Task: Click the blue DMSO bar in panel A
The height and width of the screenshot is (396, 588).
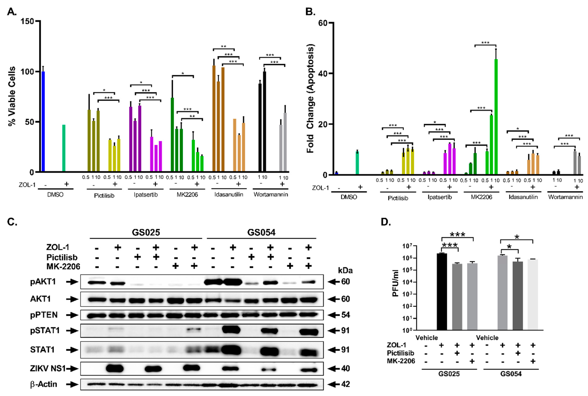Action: click(x=43, y=121)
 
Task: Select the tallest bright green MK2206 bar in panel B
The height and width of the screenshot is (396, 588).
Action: click(x=496, y=116)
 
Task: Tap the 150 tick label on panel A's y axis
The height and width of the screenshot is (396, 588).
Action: click(x=27, y=21)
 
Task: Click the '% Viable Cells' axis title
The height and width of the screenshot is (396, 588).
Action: click(x=12, y=96)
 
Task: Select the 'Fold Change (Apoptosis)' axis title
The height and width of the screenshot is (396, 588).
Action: click(x=310, y=99)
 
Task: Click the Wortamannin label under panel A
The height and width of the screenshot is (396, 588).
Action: click(x=271, y=195)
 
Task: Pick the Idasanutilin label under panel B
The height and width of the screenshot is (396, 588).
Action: click(x=523, y=197)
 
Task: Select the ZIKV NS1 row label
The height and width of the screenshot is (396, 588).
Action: click(x=47, y=368)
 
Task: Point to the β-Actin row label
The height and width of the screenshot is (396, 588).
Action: click(x=43, y=384)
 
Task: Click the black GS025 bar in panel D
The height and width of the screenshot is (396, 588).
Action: click(x=442, y=292)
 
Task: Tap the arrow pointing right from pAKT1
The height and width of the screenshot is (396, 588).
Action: click(x=72, y=282)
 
